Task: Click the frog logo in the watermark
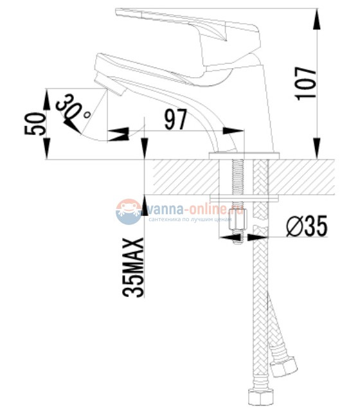[x=129, y=211]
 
